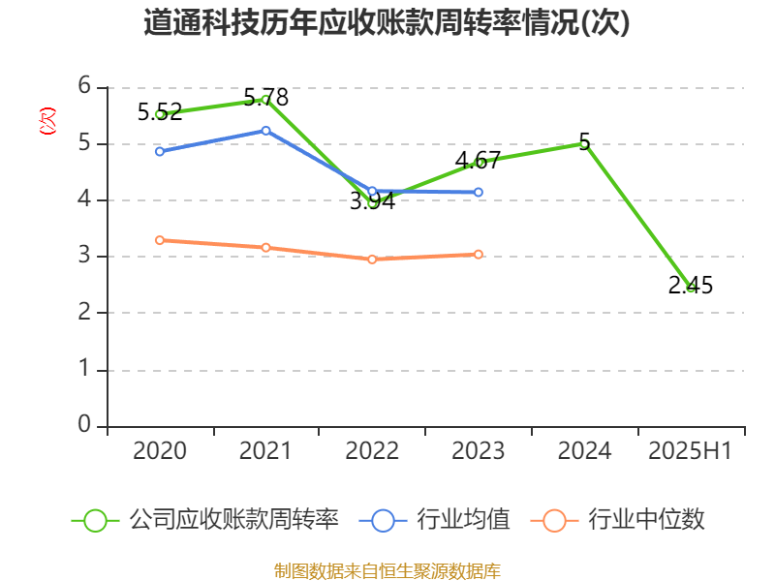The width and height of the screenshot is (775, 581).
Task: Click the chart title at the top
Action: pos(387,23)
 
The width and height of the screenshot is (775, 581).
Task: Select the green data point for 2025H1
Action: pos(691,288)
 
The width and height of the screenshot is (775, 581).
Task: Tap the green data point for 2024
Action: pos(584,144)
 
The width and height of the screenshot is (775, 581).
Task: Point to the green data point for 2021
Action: pos(264,99)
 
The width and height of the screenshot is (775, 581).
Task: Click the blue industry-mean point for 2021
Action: pos(265,130)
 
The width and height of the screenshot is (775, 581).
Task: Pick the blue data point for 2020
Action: pos(160,151)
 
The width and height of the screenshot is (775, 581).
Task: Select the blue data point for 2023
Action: pos(479,193)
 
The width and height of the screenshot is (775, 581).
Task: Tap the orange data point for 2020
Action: pos(160,240)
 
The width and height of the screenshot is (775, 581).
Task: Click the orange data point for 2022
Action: pos(372,260)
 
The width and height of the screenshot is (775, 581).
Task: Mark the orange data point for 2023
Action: pos(479,255)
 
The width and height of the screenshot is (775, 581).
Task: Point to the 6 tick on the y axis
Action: pos(84,87)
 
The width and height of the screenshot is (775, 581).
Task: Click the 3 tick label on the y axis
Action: pos(84,257)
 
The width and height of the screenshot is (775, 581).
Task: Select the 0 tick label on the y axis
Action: pos(84,425)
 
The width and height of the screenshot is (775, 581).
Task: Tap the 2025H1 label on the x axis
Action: pos(691,451)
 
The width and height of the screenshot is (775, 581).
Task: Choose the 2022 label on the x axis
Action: pos(372,451)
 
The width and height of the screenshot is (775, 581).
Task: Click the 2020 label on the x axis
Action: pos(160,451)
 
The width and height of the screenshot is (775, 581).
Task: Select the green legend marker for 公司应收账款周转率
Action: pos(95,520)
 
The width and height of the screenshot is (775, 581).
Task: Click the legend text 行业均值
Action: pos(463,520)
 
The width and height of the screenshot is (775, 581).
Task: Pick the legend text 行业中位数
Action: pos(648,520)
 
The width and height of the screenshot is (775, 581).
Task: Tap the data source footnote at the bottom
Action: pos(387,570)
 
